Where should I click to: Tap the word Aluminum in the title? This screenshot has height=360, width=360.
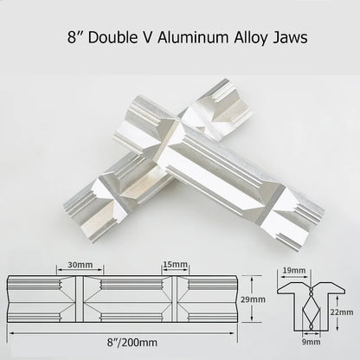pos(193,37)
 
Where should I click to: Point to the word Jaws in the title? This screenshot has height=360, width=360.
pos(291,38)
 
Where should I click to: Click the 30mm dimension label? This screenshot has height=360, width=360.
pos(80,265)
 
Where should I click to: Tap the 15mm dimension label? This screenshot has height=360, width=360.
pos(176,264)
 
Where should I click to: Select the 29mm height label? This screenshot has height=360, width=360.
pos(253,299)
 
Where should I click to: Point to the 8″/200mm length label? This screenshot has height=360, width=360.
pos(132,343)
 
